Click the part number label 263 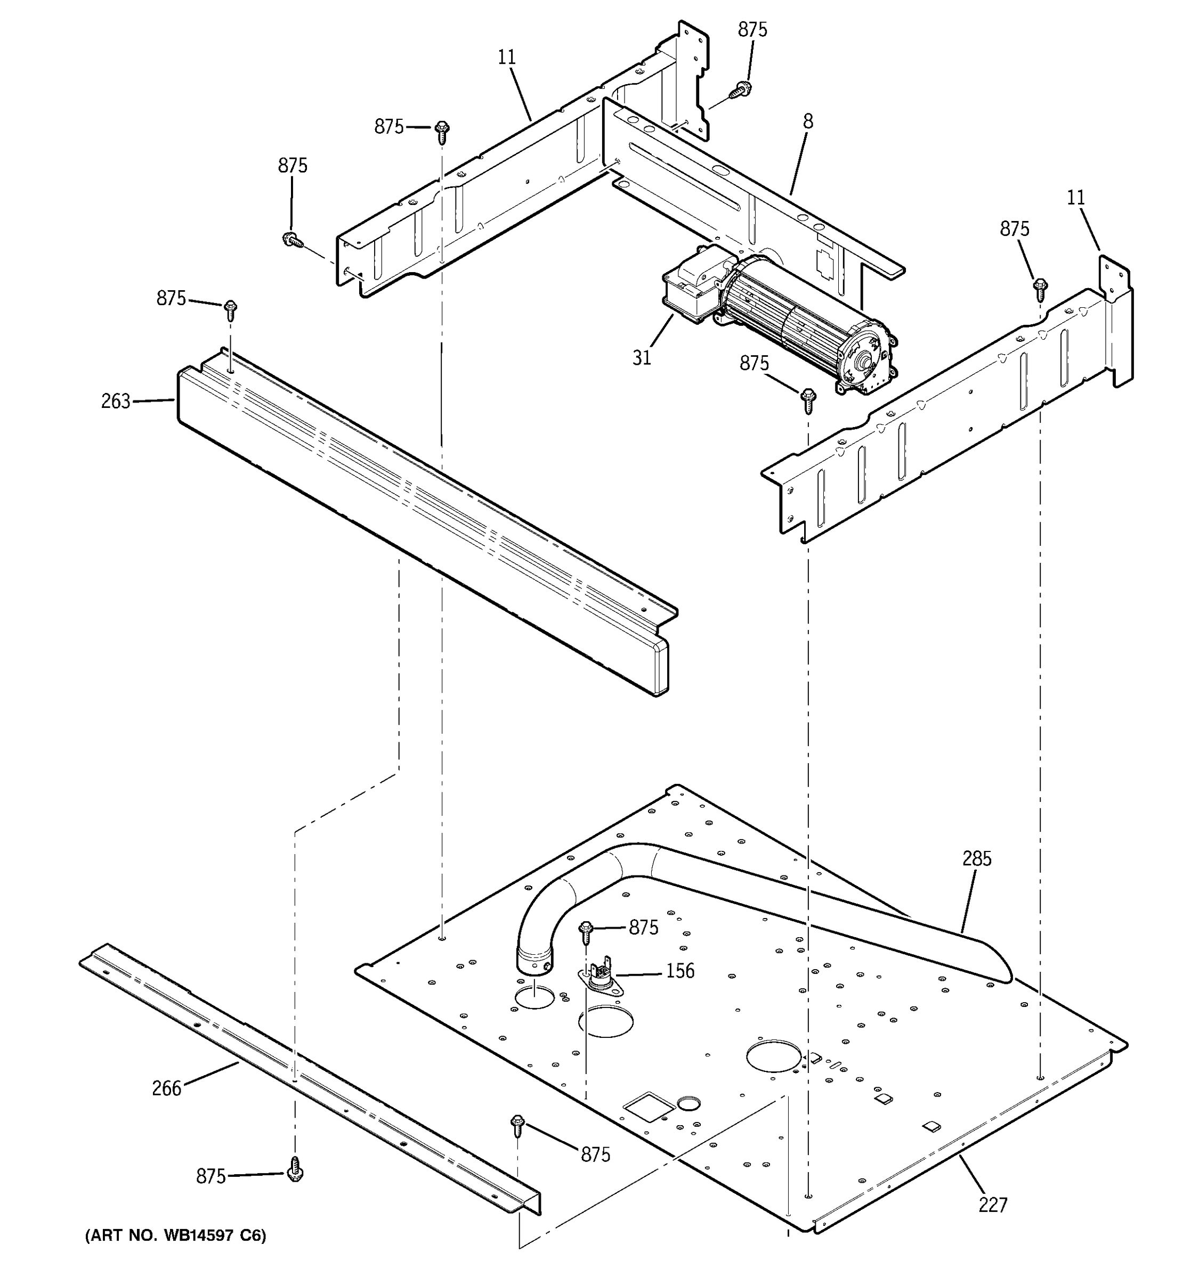click(x=115, y=401)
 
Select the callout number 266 click(x=167, y=1088)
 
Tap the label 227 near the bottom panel click(x=993, y=1204)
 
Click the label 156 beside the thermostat click(x=680, y=971)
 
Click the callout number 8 click(x=808, y=121)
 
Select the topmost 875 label click(x=752, y=30)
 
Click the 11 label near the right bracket click(x=1075, y=198)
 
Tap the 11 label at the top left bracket click(x=507, y=57)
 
